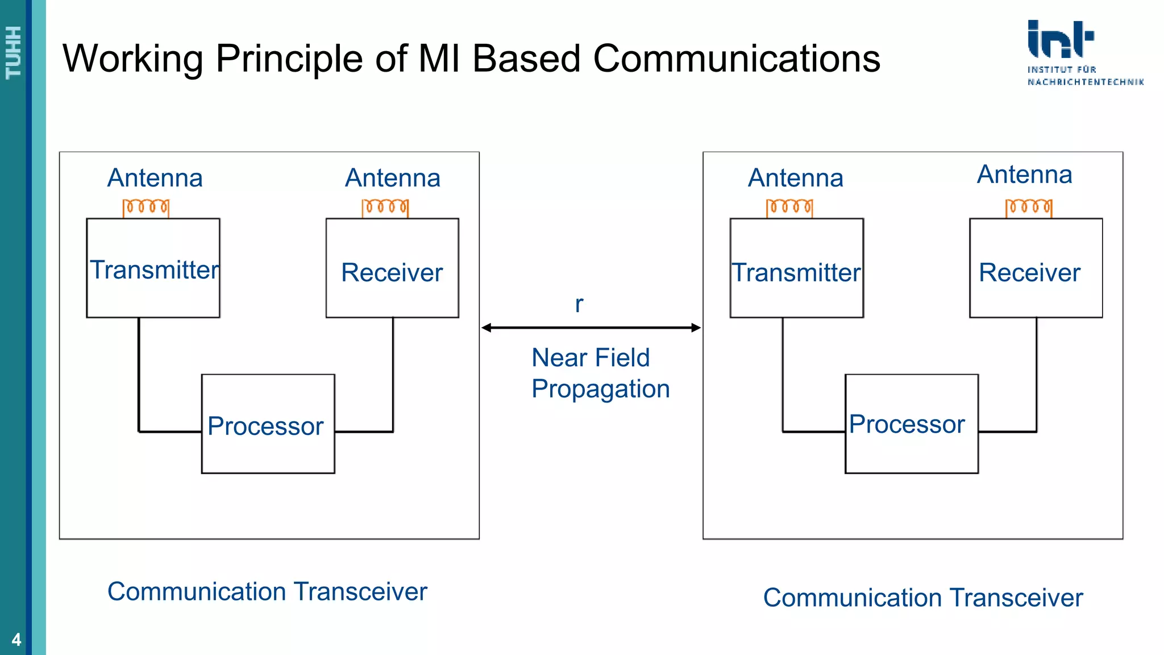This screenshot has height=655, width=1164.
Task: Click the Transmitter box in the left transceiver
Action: [153, 268]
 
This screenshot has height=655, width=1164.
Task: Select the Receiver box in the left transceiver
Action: [392, 268]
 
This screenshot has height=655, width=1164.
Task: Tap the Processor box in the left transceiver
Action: [268, 424]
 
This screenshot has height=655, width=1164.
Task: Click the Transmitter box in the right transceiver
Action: [796, 268]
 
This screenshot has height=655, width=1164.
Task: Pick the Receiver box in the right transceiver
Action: [1036, 268]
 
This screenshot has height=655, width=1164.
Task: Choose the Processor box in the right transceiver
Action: [911, 424]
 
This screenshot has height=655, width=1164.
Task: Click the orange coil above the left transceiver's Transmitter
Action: [146, 208]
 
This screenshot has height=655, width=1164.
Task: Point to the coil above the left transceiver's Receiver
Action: [385, 208]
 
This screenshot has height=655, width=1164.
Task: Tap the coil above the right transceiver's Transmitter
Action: [789, 208]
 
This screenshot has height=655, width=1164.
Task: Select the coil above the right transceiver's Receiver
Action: [1029, 208]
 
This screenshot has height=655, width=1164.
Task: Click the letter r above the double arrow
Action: [579, 305]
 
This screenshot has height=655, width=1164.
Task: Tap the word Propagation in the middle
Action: [600, 389]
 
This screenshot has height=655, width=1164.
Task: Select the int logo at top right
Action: [1059, 39]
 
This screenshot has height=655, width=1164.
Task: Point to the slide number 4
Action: [16, 640]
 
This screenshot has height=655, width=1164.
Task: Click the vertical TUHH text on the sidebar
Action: [13, 52]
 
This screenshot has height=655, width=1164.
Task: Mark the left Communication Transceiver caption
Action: [267, 591]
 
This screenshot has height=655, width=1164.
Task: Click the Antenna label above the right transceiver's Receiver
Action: [1024, 175]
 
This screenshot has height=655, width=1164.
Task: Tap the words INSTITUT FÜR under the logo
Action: [1061, 69]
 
